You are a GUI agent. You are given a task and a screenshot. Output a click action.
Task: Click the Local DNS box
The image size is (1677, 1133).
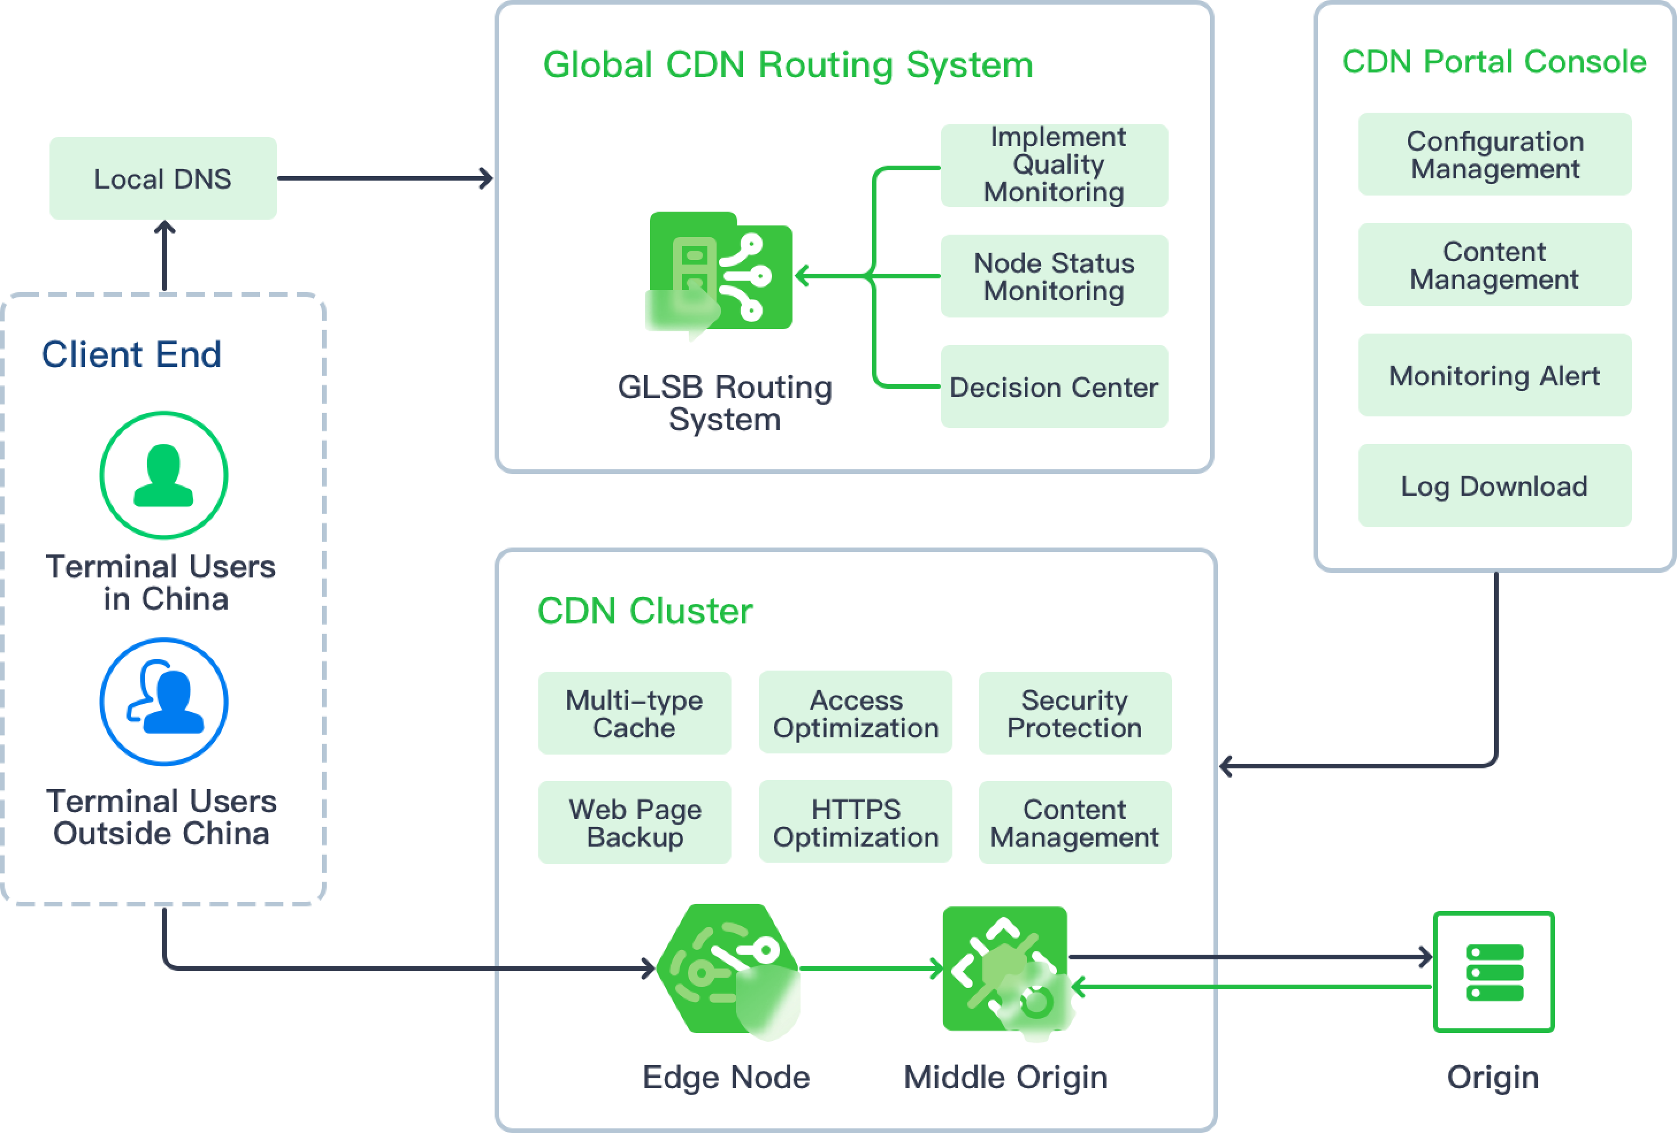(x=163, y=178)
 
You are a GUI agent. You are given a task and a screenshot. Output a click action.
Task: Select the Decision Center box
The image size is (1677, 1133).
(x=1054, y=387)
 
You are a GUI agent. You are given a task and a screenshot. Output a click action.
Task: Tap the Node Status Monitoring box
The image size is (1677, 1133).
(x=1054, y=277)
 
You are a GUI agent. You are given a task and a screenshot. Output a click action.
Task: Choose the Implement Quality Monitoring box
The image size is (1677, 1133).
(x=1054, y=165)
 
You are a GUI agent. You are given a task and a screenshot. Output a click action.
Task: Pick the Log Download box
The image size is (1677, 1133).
(x=1495, y=485)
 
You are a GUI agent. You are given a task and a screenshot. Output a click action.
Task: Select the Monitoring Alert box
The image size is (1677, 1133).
(x=1495, y=375)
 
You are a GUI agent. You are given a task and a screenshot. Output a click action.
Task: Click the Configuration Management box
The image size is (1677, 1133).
(x=1495, y=155)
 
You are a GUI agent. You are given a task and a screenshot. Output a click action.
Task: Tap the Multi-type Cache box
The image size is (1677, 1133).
(x=634, y=713)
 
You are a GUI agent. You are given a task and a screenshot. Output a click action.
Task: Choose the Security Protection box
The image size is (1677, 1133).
(x=1074, y=713)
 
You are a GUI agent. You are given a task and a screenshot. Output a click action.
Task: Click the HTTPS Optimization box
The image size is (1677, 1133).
(x=855, y=822)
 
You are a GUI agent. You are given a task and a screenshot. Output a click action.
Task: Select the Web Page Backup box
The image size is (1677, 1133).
(x=634, y=822)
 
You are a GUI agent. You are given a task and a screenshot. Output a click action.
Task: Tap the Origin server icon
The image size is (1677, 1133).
(x=1494, y=972)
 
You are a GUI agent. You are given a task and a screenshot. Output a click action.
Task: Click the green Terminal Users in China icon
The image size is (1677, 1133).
(x=164, y=475)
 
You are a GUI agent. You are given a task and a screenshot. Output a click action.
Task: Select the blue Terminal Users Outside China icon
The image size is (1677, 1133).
(x=164, y=702)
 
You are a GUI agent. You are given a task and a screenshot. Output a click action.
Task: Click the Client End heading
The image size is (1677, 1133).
(x=131, y=354)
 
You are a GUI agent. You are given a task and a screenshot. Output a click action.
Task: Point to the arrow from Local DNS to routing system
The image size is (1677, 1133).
(x=385, y=178)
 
